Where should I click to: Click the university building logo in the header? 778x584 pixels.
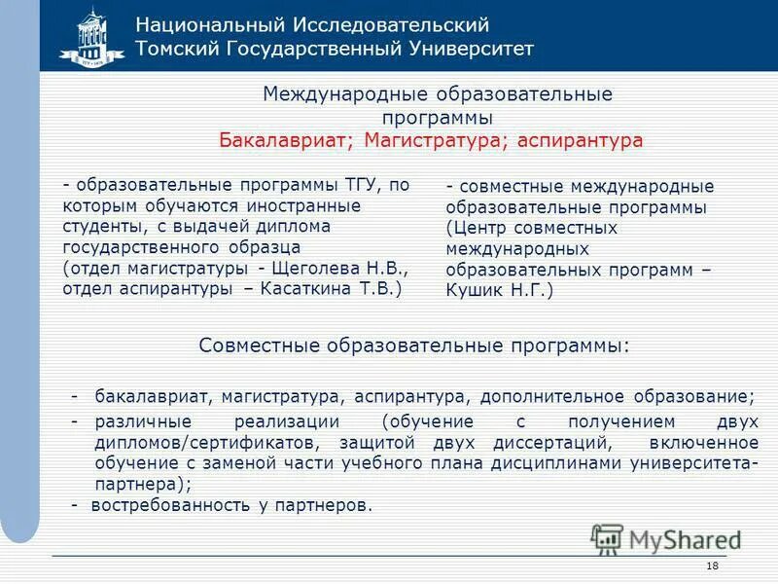(x=92, y=37)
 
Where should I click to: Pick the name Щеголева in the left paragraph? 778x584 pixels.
(x=319, y=268)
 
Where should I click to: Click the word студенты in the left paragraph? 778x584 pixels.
(x=100, y=226)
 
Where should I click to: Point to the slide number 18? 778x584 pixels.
(x=712, y=566)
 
